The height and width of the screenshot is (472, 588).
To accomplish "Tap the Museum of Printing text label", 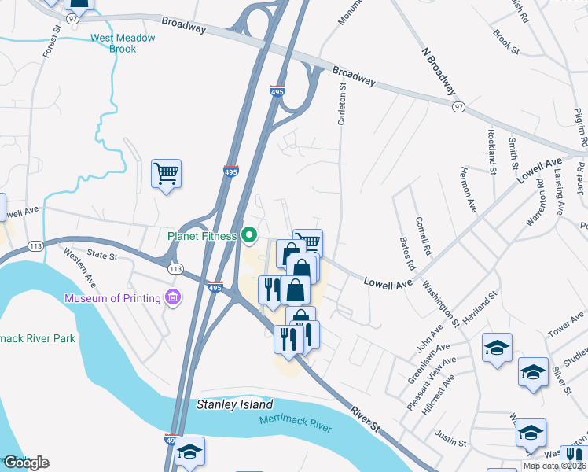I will coord(112,298).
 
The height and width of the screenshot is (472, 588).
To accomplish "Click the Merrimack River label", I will coord(296,423).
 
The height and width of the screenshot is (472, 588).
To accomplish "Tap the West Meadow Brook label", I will coord(112,43).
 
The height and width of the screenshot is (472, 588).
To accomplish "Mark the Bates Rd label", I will coord(406,249).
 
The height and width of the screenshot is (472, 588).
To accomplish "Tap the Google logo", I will coord(25,462).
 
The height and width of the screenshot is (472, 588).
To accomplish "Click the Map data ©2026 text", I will coord(554,466).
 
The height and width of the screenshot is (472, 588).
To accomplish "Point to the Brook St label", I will coord(506,42).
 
